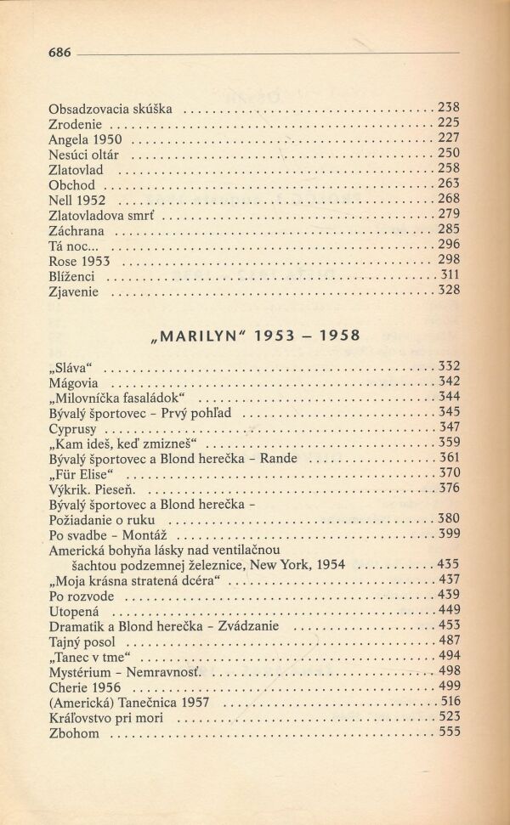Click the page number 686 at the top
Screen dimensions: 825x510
pos(59,53)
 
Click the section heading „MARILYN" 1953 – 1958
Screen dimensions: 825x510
pos(254,335)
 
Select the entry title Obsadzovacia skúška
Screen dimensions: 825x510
pos(110,109)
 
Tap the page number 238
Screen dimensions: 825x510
pos(448,108)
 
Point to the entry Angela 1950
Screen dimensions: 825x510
pos(85,139)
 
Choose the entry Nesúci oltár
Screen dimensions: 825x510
pos(84,155)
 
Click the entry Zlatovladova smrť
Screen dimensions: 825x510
pos(103,216)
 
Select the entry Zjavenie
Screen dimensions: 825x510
pos(74,292)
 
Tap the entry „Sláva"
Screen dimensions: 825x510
pos(71,368)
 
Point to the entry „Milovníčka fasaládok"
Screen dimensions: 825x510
pos(118,398)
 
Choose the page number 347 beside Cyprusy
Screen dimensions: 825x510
pos(449,427)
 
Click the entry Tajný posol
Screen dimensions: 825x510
pos(82,642)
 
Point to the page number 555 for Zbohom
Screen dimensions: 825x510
pos(449,733)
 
